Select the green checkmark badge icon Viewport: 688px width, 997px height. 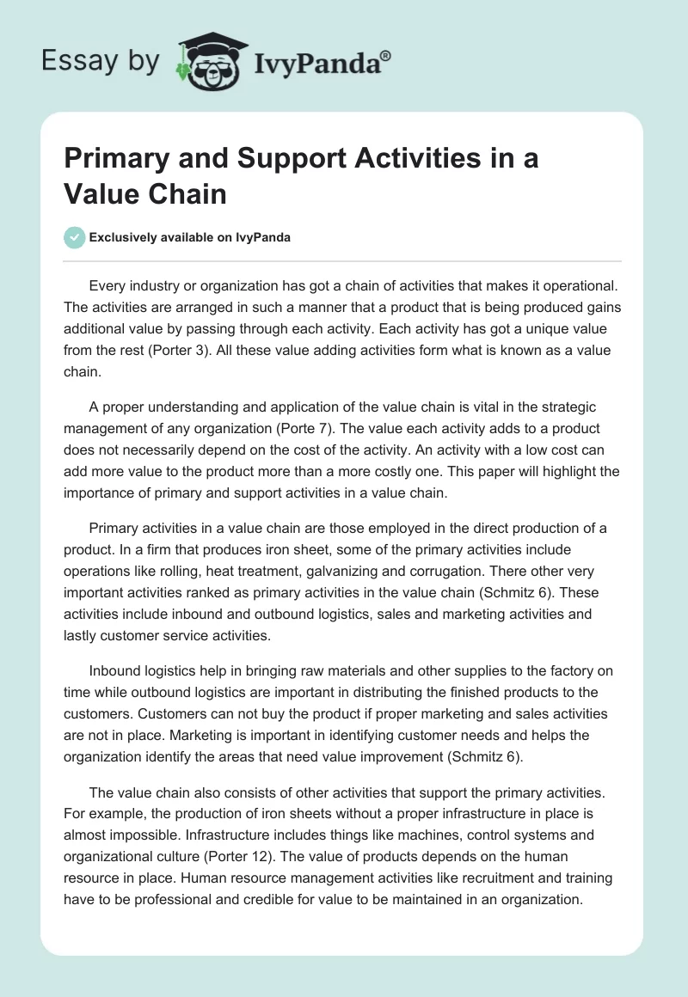76,237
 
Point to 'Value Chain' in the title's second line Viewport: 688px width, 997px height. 145,193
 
